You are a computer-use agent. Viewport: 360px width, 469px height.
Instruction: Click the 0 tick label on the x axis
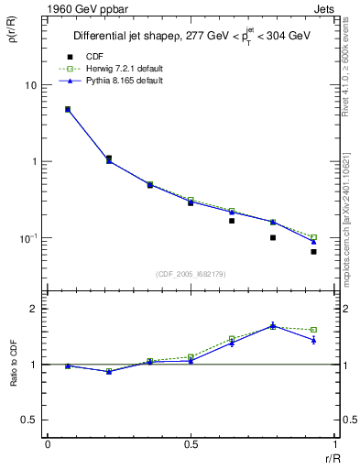click(48, 445)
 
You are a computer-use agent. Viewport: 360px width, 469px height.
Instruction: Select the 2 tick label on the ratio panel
click(35, 310)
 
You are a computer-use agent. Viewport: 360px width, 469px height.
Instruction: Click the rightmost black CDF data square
click(313, 251)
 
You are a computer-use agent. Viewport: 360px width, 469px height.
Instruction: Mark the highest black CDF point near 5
click(68, 109)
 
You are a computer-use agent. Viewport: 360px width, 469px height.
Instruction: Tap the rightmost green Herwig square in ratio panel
click(313, 330)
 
